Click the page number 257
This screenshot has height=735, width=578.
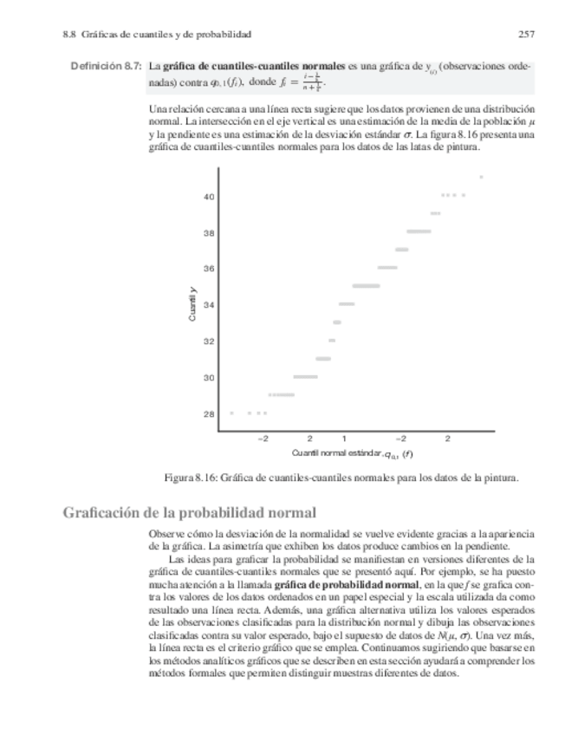tap(525, 35)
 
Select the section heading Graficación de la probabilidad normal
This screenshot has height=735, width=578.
tap(189, 512)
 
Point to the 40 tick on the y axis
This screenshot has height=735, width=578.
tap(209, 197)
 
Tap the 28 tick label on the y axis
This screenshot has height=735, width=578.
tap(209, 413)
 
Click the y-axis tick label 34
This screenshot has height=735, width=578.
tap(209, 304)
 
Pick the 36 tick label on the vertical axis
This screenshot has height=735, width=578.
tap(209, 269)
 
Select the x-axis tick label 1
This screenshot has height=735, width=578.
tap(344, 439)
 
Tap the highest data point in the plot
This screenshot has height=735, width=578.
tap(481, 177)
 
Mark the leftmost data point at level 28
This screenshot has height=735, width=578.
tap(231, 413)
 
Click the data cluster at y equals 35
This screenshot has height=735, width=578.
tap(366, 285)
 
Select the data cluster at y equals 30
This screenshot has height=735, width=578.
tap(305, 376)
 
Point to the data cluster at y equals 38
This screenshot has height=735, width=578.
tap(419, 231)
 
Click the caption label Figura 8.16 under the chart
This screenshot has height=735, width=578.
tap(191, 477)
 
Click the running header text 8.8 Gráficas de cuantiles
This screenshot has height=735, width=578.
tap(156, 35)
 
